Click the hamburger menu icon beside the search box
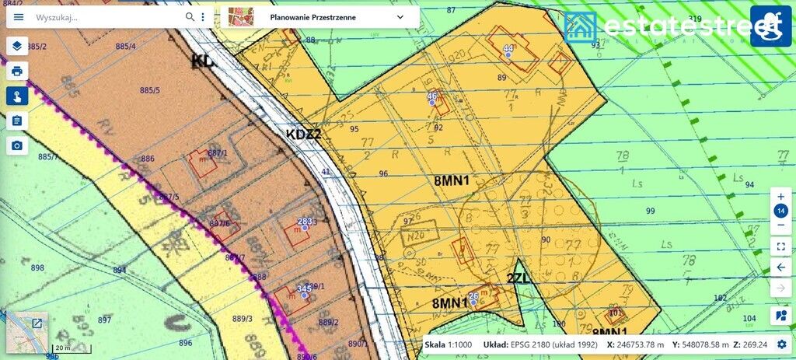[x=19, y=17]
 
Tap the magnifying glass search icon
[x=190, y=17]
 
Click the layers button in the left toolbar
[x=17, y=46]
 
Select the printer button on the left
[x=17, y=71]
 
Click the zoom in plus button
[x=781, y=197]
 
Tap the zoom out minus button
[x=781, y=225]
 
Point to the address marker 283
[x=305, y=226]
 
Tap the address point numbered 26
[x=473, y=302]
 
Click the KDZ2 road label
[x=303, y=134]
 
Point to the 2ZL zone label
[x=518, y=278]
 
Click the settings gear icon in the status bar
[x=781, y=344]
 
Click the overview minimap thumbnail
[x=27, y=333]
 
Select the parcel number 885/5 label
[x=150, y=90]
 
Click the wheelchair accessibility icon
[x=770, y=26]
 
